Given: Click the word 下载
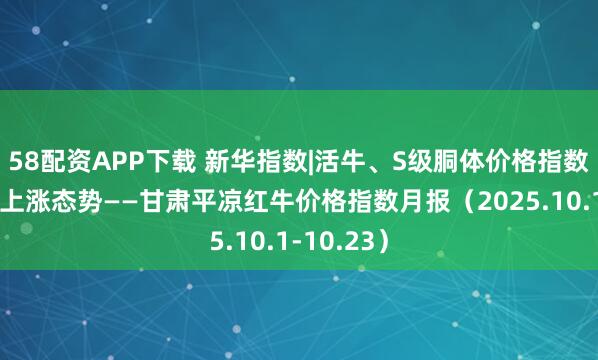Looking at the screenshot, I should click(x=151, y=157).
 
